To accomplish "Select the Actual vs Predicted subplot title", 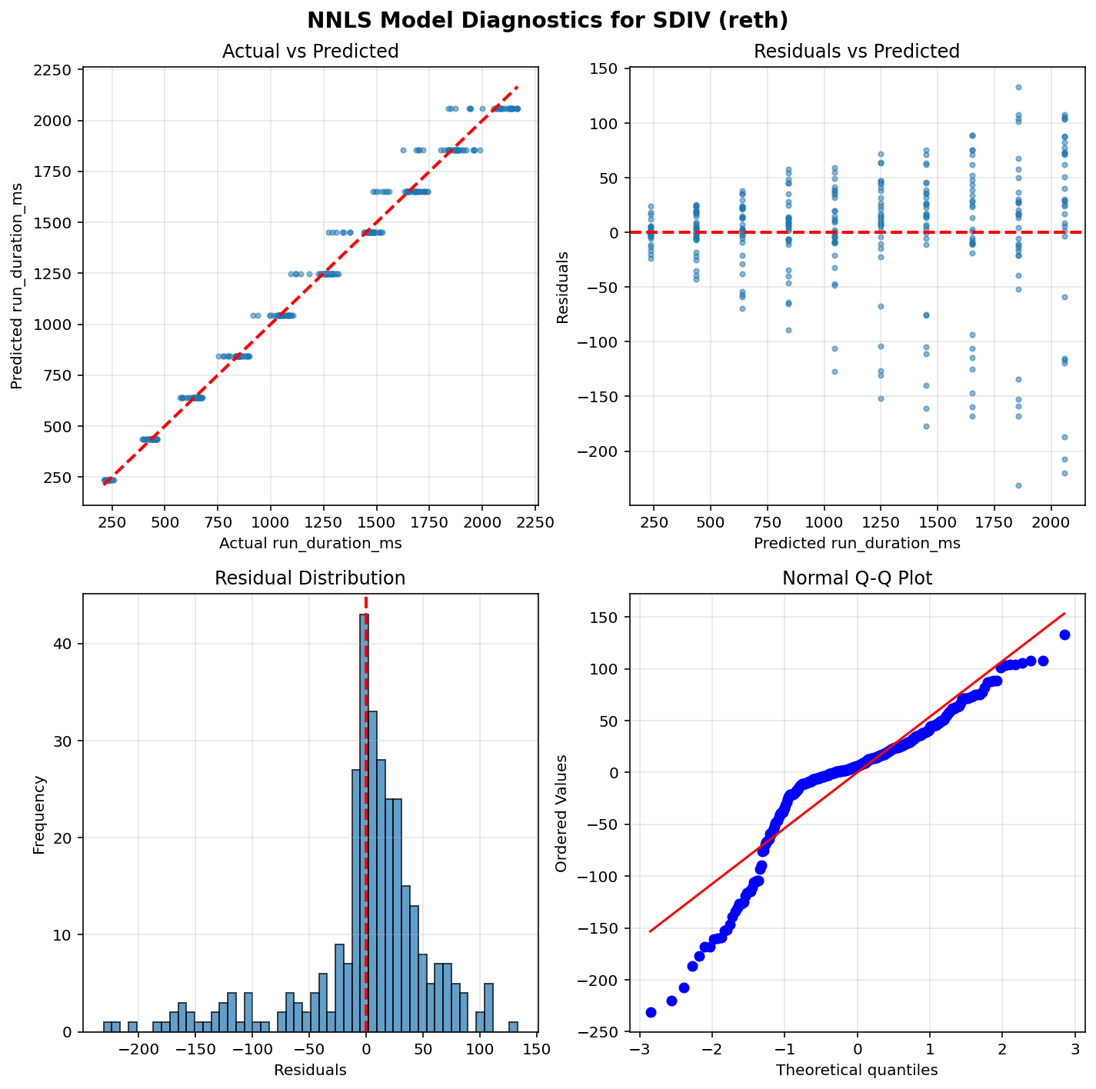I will (310, 52).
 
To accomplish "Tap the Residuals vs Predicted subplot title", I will (857, 52).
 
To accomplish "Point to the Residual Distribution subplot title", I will (310, 578).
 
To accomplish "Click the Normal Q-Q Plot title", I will (857, 578).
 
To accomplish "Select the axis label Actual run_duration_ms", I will (310, 544).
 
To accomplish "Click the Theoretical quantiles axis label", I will (857, 1070).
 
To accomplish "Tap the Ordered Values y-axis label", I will (561, 813).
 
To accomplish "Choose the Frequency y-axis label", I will (39, 813).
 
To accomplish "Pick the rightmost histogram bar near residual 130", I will (513, 1027).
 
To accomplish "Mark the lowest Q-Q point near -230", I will (651, 1012).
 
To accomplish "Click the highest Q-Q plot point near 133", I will (1064, 634).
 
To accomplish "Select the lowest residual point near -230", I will (1018, 485).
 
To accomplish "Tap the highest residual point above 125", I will (1018, 87).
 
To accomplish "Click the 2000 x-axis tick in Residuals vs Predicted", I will (1051, 522).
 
